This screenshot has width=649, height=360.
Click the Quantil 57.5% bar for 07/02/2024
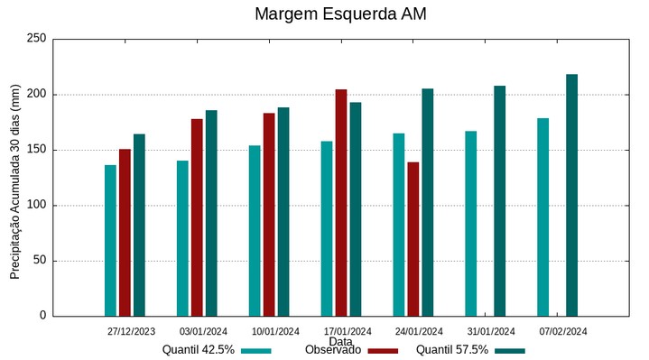point(571,195)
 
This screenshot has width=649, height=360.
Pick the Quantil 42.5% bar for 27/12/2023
point(110,240)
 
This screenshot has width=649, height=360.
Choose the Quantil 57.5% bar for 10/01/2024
point(283,211)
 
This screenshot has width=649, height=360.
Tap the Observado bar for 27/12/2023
point(125,232)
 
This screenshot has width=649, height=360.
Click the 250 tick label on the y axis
point(36,39)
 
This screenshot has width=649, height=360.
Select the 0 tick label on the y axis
point(42,316)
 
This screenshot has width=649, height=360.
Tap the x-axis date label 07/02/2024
point(563,331)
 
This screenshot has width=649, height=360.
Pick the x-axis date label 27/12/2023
point(131,331)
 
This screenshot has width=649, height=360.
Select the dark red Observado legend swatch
point(384,351)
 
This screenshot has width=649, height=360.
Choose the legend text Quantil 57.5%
point(451,350)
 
